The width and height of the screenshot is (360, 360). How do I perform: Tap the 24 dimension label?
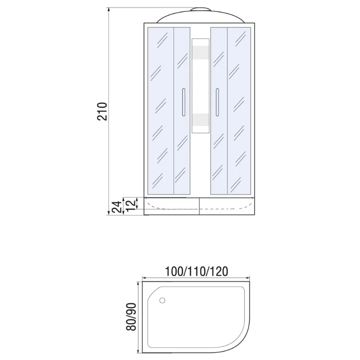[117, 207]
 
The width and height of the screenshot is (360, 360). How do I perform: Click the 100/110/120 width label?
[197, 271]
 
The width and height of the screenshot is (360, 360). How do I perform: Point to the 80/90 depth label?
[131, 317]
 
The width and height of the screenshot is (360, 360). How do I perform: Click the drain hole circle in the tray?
[162, 300]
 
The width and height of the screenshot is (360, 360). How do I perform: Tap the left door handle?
[183, 102]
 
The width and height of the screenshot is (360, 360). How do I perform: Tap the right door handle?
[217, 102]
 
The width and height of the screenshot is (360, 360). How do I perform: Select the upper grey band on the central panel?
[200, 52]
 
